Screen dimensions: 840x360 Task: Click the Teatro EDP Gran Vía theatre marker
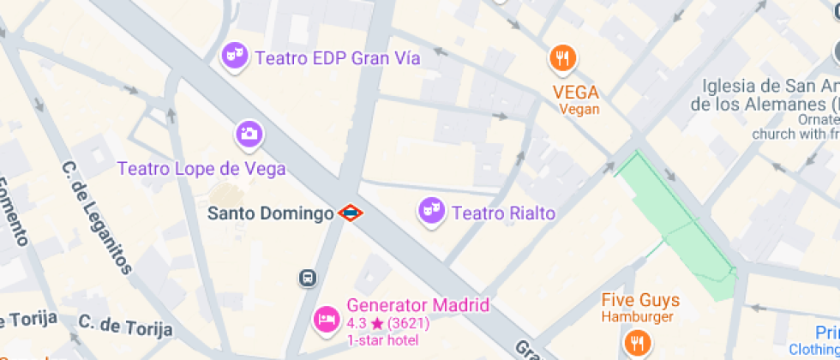click(234, 57)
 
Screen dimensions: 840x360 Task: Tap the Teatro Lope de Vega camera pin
click(249, 134)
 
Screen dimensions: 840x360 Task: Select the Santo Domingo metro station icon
click(349, 213)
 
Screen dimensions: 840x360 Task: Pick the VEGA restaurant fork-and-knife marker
click(561, 58)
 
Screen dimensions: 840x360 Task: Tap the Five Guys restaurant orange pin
click(636, 344)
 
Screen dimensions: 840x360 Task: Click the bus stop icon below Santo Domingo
click(307, 279)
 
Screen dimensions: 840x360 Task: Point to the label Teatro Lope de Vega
click(201, 169)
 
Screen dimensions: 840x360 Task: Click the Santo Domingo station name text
click(270, 213)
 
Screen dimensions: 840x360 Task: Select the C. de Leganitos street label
click(98, 218)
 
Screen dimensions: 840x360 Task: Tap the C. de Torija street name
click(125, 326)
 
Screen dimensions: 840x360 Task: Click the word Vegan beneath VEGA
click(579, 109)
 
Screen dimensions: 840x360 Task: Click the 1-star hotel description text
click(383, 340)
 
